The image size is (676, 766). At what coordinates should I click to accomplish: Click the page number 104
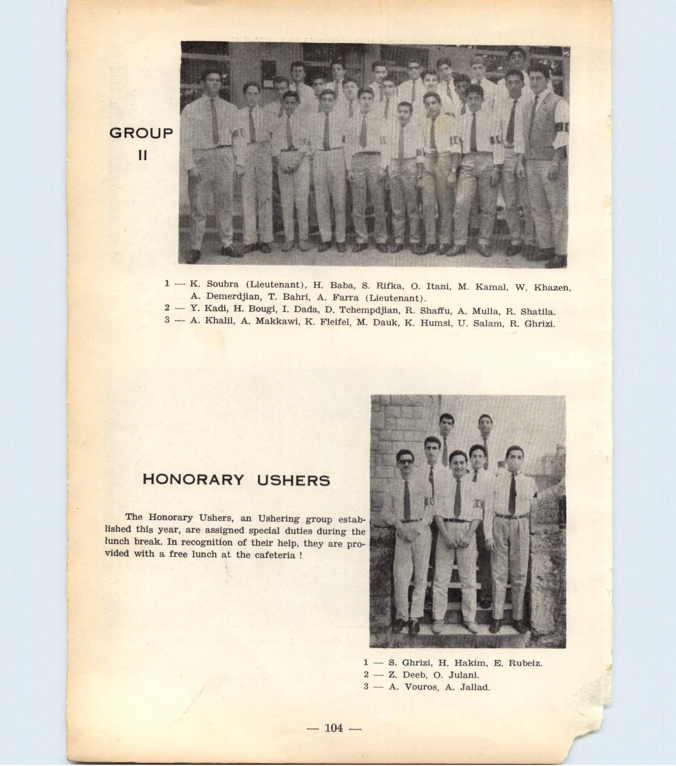(x=333, y=728)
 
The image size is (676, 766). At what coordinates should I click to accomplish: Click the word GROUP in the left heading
(x=141, y=133)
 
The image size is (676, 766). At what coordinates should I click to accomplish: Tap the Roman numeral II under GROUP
(x=142, y=155)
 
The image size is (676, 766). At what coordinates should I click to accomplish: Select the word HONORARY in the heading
(x=193, y=480)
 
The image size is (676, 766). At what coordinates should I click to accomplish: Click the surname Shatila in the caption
(x=538, y=311)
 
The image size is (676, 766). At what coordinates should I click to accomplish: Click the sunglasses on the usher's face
(x=405, y=462)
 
